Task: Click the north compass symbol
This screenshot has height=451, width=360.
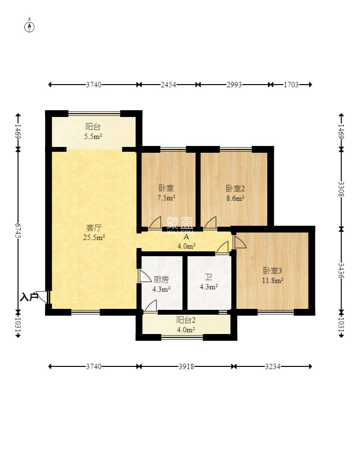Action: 30,26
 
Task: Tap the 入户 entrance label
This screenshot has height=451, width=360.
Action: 29,297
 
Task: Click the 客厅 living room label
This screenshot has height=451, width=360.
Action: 94,228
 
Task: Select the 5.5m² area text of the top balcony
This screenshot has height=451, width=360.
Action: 93,136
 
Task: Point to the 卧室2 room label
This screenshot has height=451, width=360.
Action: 235,189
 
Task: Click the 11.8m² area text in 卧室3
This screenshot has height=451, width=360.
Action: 272,280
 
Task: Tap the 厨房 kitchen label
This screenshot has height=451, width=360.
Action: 161,279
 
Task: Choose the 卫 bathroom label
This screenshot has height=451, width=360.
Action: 209,277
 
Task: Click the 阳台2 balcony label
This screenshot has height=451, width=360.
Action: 186,320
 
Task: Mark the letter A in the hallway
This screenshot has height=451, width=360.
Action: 186,237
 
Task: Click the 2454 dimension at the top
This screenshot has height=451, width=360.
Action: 168,85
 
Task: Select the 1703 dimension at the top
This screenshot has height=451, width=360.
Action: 291,85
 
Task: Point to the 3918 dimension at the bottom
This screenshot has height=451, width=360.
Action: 186,366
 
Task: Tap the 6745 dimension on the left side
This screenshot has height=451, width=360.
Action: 18,231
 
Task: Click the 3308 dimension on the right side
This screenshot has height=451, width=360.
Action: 342,189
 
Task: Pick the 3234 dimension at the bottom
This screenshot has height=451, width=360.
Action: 272,366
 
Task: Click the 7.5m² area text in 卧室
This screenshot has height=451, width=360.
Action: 166,198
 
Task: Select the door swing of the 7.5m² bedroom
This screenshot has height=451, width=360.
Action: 155,223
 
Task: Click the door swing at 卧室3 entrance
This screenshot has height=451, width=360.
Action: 240,242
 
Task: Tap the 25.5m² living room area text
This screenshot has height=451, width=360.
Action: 94,237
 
